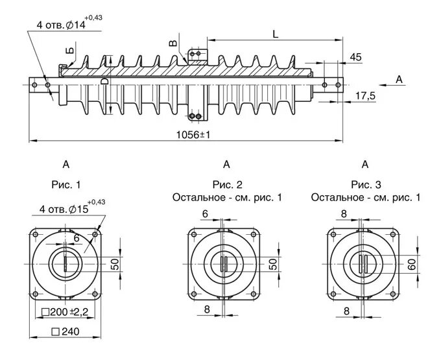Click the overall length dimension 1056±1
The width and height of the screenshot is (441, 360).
tap(194, 134)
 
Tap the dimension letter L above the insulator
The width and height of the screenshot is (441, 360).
tap(276, 34)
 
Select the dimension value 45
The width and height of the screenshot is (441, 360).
tap(355, 57)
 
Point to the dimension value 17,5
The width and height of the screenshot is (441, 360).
tap(365, 96)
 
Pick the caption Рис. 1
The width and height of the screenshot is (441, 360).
tap(66, 184)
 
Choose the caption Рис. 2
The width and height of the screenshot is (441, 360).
tap(226, 184)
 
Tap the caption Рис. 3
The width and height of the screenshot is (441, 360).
tap(365, 184)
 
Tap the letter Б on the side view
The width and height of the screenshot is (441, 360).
tap(70, 50)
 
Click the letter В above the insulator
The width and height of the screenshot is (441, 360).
tap(172, 43)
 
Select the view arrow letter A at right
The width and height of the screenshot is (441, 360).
tap(399, 79)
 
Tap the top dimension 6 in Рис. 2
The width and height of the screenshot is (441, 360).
tap(205, 213)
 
